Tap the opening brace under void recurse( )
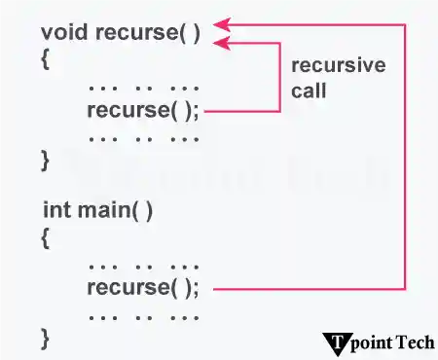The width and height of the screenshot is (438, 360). (46, 58)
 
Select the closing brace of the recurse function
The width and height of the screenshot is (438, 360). (46, 160)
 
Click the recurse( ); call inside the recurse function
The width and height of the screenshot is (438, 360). (143, 110)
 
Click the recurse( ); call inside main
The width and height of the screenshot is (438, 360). (143, 288)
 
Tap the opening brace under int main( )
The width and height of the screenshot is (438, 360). (46, 236)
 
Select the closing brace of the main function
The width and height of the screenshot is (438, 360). (46, 338)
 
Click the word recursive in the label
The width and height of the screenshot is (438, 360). (339, 66)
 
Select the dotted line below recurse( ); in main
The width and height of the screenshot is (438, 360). (143, 315)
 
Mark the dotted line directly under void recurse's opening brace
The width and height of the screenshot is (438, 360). (143, 87)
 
